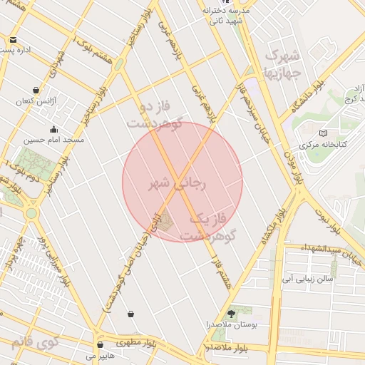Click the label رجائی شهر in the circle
tap(176, 184)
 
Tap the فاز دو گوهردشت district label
tap(155, 114)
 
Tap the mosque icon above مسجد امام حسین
tap(53, 130)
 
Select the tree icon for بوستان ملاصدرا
tap(231, 313)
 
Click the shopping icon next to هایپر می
tap(100, 344)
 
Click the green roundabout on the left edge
tap(31, 213)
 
